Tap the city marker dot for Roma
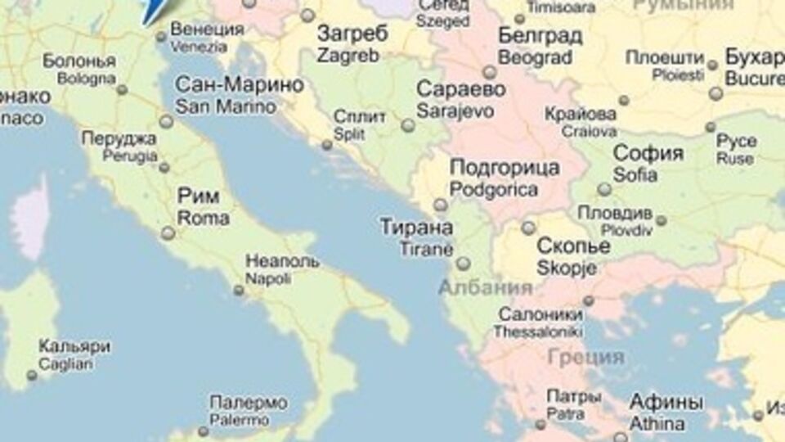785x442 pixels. (168, 233)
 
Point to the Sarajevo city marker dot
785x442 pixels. (408, 125)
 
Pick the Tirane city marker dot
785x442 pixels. (464, 263)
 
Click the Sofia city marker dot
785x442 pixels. (604, 189)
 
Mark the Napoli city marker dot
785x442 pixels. (239, 290)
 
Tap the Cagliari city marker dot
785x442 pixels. (32, 376)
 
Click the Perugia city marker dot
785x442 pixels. (164, 167)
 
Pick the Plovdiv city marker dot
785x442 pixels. (661, 220)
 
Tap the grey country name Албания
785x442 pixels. (485, 288)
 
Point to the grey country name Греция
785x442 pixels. (586, 358)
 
